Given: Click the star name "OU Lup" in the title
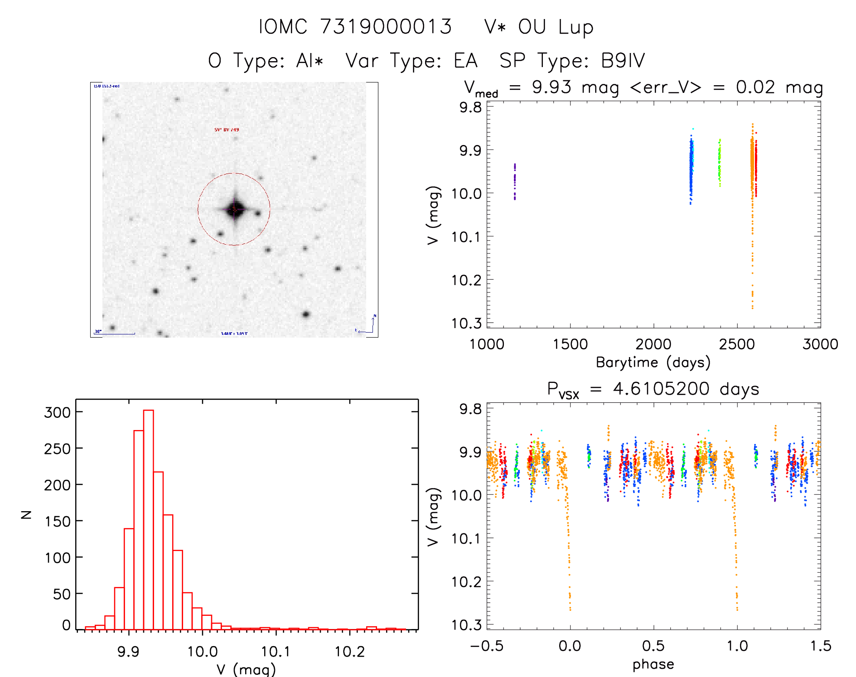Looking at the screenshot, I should click(556, 27).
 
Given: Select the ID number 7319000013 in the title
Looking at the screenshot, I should click(386, 27).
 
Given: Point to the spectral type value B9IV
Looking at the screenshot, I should click(623, 61).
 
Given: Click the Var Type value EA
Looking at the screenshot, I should click(466, 61).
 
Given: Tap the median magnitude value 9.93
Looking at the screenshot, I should click(551, 87).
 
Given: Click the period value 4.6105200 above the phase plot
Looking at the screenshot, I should click(661, 389).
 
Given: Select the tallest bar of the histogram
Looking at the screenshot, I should click(149, 519).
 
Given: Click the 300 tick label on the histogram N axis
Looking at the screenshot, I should click(58, 412).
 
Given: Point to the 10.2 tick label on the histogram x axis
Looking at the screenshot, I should click(349, 652).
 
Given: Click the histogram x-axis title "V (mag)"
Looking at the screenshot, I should click(246, 669).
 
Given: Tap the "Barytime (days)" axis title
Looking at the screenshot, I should click(653, 363).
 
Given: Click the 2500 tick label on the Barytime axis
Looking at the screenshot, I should click(737, 344).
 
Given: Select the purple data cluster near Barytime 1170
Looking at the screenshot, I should click(515, 181).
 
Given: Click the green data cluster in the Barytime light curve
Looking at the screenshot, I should click(720, 163).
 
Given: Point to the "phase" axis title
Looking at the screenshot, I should click(653, 664).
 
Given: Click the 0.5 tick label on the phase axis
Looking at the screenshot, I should click(653, 646).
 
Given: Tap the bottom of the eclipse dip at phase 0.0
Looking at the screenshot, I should click(570, 607).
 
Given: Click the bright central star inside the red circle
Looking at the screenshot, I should click(235, 209).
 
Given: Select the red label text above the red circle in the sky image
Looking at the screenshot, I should click(227, 130).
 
